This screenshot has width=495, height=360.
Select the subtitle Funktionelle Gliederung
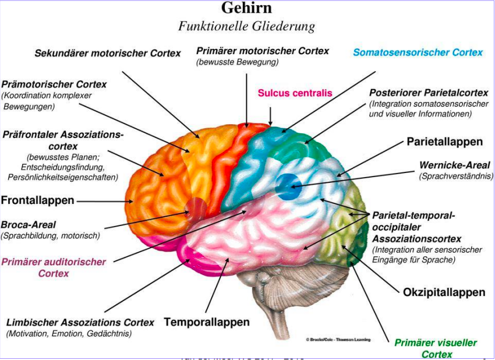click(246, 27)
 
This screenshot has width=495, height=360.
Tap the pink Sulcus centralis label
click(295, 93)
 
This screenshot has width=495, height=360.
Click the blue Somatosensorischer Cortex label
click(418, 52)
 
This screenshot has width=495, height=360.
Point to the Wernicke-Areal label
click(454, 165)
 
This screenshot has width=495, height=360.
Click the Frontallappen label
click(38, 200)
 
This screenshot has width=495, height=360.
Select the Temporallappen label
click(206, 322)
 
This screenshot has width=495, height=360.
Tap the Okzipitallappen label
click(444, 292)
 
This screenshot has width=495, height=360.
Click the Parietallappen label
click(444, 142)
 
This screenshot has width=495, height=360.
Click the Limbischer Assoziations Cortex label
click(80, 323)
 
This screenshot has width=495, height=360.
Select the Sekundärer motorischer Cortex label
click(108, 53)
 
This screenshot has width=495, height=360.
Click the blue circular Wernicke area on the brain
click(286, 185)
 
